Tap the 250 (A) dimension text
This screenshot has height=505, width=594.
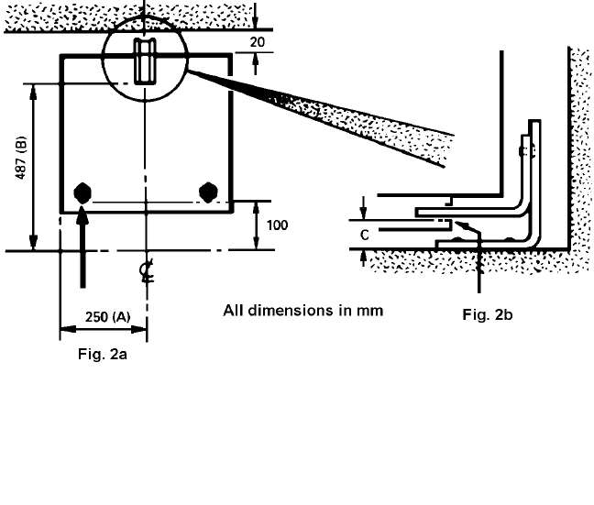pos(106,316)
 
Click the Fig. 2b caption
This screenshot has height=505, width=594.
pos(487,315)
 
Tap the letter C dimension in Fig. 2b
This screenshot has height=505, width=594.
pos(365,235)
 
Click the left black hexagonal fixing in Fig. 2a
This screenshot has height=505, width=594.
pos(83,192)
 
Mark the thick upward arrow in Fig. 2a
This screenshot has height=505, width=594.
pos(82,247)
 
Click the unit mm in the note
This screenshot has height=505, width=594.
pos(370,310)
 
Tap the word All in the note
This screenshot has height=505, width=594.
pos(234,310)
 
